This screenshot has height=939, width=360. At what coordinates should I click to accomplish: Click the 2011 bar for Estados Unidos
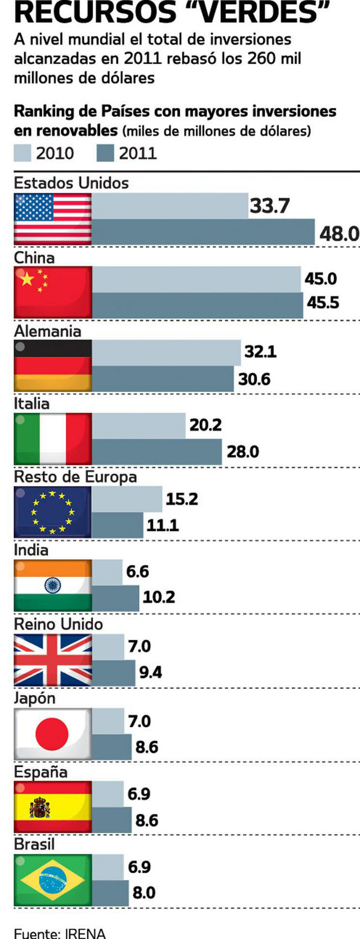coord(203,232)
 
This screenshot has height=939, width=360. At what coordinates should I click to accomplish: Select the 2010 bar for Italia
coord(138,425)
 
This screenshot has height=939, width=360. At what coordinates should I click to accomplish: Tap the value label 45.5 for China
coord(323,303)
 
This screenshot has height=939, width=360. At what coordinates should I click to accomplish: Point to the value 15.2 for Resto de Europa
coord(182,499)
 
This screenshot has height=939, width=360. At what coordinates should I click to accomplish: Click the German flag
coord(53,365)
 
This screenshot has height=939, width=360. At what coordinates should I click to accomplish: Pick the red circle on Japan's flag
coord(52,734)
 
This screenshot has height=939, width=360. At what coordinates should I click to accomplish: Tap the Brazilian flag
coord(53,880)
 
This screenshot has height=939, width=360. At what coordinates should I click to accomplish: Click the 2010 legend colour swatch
coord(22,153)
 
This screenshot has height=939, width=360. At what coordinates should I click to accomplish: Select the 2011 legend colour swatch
coord(105,153)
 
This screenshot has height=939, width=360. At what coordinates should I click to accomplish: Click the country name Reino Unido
coord(58,624)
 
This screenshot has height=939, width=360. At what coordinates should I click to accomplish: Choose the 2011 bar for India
coord(115,598)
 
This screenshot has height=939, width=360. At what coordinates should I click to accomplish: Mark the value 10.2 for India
coord(159,597)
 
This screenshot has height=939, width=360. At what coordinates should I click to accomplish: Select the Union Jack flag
coord(53,660)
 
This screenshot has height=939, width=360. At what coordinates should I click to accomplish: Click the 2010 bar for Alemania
coord(166,352)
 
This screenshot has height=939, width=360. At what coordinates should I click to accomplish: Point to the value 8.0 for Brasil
coord(144,892)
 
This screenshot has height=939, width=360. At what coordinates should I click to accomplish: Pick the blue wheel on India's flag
coord(53,585)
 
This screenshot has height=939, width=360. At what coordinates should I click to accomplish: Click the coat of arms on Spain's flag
coord(39,808)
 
